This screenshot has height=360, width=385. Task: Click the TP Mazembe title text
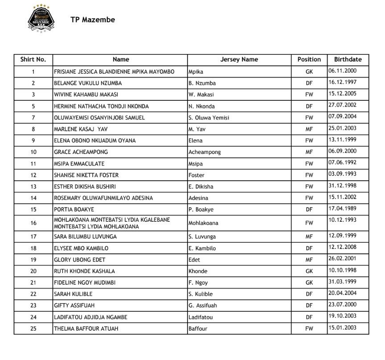(93, 20)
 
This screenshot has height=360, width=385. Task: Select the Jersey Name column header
(239, 59)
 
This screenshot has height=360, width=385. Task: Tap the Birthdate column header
(348, 59)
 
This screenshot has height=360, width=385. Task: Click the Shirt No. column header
(33, 59)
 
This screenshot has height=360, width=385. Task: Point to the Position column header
(309, 59)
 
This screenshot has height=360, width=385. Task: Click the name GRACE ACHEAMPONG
(81, 152)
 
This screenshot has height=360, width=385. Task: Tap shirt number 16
(33, 223)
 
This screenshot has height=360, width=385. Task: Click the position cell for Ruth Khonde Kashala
(309, 271)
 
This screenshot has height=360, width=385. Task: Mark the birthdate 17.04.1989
(342, 208)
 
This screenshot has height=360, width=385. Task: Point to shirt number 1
(33, 71)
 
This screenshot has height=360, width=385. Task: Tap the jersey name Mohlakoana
(203, 223)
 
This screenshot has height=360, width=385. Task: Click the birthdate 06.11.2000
(342, 70)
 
